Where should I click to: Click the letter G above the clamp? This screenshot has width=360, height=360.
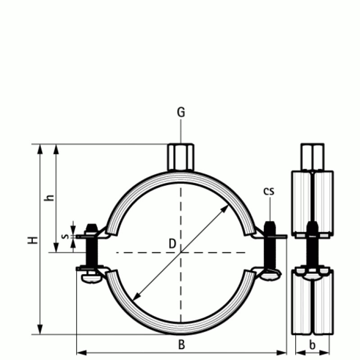tap(180, 112)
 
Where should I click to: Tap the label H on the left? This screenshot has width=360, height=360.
tap(32, 239)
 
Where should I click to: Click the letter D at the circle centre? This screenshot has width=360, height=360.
tap(172, 243)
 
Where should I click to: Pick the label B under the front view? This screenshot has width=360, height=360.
tap(181, 345)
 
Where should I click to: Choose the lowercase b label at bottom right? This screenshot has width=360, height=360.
tap(313, 345)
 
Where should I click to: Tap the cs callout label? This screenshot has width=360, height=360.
tap(269, 191)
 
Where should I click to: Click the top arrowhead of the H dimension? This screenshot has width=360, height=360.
tap(40, 148)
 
